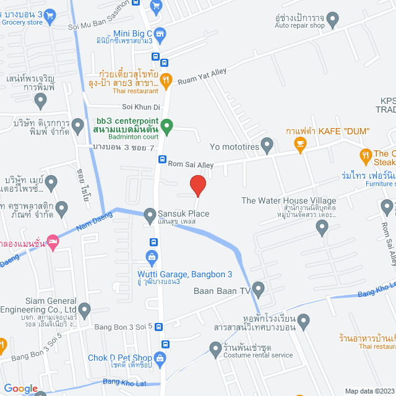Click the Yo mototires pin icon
[267, 147]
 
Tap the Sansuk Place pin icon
[150, 215]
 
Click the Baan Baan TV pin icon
[258, 288]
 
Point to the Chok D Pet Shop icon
[160, 358]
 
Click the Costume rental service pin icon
[215, 350]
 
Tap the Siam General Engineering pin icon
[85, 309]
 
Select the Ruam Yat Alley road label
[203, 77]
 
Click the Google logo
[21, 388]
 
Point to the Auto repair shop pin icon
[334, 20]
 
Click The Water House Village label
[288, 200]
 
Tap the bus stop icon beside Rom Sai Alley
[162, 160]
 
